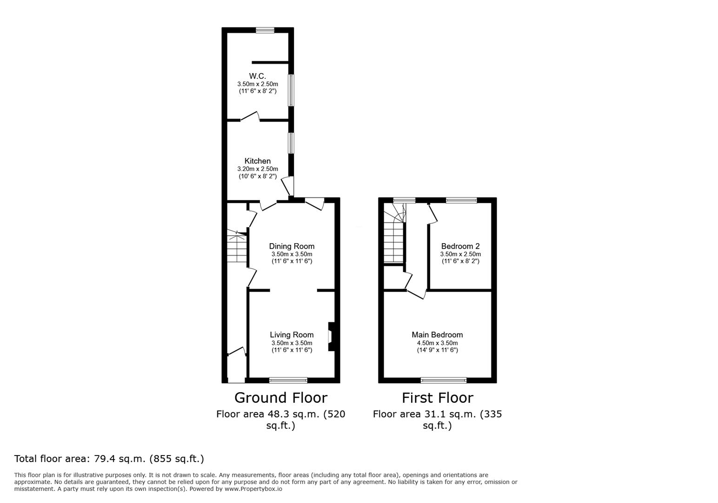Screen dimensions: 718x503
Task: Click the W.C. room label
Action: (257, 76)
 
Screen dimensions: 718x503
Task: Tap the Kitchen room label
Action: (257, 161)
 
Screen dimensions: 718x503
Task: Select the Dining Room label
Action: (292, 246)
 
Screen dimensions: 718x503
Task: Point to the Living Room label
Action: (292, 335)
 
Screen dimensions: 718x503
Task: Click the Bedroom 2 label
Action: (460, 246)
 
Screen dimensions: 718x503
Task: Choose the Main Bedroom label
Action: (437, 335)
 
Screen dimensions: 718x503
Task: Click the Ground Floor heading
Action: (281, 398)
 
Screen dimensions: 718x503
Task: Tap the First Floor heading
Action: (438, 398)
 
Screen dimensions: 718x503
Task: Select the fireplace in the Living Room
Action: (331, 337)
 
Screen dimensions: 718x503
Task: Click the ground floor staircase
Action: (237, 246)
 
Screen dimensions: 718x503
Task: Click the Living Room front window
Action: (288, 381)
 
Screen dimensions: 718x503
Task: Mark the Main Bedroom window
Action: (444, 381)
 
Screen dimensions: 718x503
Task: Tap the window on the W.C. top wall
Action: (265, 30)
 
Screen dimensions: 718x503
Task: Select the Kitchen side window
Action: (291, 143)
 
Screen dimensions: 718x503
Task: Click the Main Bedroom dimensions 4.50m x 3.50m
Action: (437, 343)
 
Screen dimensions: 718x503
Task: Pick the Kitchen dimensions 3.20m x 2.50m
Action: (257, 169)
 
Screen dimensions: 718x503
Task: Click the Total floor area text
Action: (109, 459)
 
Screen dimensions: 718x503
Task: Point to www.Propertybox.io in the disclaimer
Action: (253, 489)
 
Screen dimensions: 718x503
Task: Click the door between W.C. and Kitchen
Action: (250, 117)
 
